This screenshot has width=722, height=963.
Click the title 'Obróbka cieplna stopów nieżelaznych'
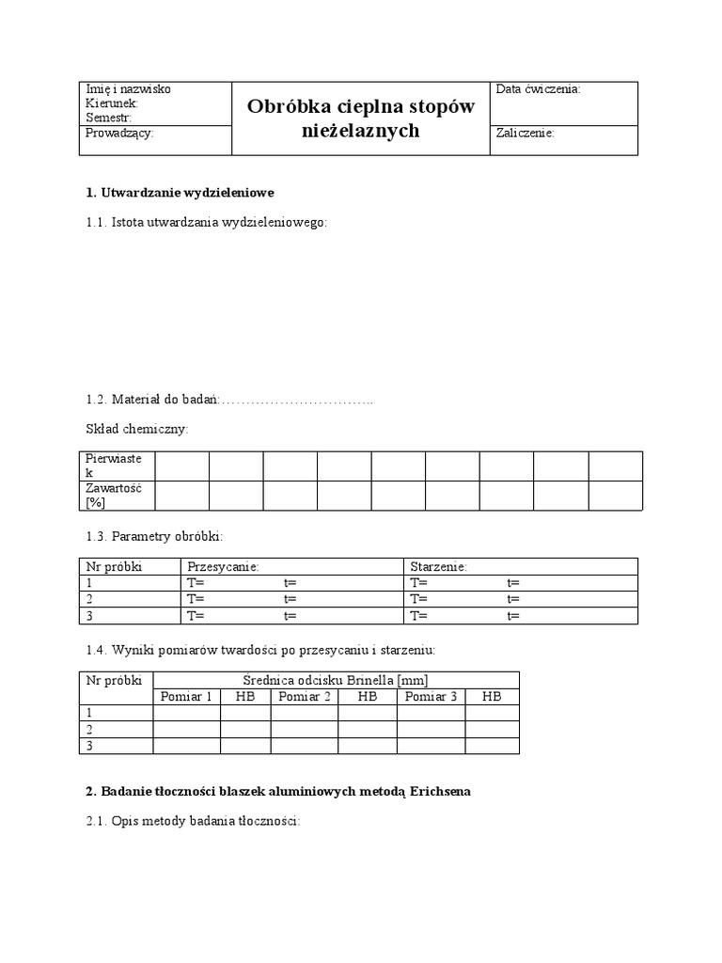click(x=361, y=118)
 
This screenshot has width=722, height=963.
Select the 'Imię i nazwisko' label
click(x=128, y=89)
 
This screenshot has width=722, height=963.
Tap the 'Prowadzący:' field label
click(x=119, y=134)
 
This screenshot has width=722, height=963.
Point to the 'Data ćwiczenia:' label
click(x=538, y=89)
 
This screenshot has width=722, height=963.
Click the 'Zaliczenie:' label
click(x=525, y=134)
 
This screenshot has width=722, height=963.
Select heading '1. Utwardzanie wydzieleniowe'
click(x=180, y=193)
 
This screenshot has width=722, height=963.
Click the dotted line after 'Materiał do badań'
click(x=297, y=401)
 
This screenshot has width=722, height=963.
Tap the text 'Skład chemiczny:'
click(x=137, y=429)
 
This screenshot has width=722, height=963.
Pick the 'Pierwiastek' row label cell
click(x=115, y=466)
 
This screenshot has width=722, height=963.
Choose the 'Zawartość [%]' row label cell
click(x=114, y=496)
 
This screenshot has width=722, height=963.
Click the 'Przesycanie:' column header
click(x=223, y=567)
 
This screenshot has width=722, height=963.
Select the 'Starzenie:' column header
click(x=438, y=567)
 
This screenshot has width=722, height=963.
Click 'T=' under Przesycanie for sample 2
click(x=196, y=599)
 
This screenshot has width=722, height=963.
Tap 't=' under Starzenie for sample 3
click(x=513, y=616)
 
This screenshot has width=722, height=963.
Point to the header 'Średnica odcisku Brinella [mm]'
click(x=336, y=680)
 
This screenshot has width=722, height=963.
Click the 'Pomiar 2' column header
click(x=305, y=697)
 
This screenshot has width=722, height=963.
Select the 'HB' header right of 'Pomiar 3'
click(x=492, y=697)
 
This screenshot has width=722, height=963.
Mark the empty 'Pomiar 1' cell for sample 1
click(x=187, y=713)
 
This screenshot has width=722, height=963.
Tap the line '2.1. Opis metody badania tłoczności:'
click(x=193, y=821)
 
